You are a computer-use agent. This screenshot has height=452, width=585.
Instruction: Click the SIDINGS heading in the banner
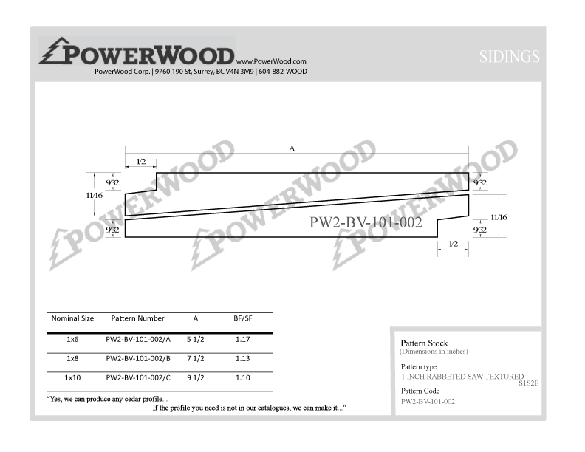(509, 57)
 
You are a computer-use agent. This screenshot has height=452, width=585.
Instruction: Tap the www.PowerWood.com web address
(271, 61)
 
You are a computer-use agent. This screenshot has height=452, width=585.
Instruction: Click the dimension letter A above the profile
(292, 148)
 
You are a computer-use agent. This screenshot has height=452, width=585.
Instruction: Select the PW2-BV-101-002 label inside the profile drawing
(366, 222)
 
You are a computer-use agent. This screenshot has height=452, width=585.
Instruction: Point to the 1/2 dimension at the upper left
(141, 162)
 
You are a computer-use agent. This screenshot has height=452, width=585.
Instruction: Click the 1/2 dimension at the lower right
(454, 244)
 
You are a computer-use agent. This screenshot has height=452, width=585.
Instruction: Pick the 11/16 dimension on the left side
(95, 195)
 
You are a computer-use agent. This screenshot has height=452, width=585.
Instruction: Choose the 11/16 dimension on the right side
(499, 217)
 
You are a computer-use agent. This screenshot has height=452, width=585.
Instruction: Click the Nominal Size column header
(72, 318)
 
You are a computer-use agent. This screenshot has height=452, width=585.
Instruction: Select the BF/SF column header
(243, 318)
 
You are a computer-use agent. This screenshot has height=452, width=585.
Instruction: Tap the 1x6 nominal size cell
(72, 340)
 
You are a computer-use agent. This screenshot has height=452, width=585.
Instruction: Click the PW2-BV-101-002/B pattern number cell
(138, 358)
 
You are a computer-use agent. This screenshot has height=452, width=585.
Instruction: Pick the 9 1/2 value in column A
(196, 378)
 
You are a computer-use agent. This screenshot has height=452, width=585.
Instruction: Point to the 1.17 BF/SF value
(242, 340)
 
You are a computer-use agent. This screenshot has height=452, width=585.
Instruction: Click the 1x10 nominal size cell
(72, 378)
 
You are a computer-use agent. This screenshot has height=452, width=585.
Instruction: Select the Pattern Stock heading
(424, 343)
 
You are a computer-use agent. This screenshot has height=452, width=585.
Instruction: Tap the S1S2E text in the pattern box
(529, 383)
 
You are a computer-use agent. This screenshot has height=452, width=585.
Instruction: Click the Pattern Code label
(420, 391)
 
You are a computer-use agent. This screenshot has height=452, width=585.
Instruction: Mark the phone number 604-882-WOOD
(283, 71)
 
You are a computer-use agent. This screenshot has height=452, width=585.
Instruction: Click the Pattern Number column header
(137, 318)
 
